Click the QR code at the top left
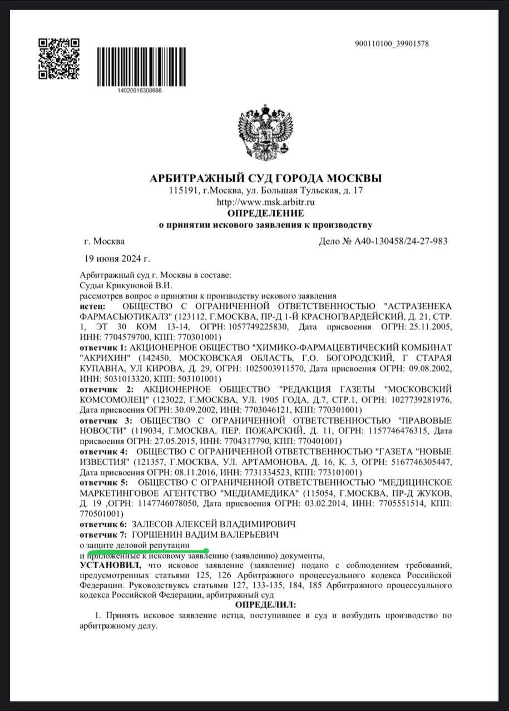point(59,59)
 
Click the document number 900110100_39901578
point(391,44)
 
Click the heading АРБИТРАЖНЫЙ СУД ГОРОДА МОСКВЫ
point(266,179)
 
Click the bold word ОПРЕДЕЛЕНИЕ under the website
point(266,213)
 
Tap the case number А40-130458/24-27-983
point(399,242)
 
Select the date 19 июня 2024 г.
point(117,258)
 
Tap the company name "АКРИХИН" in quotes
point(104,357)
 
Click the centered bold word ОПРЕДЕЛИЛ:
point(266,604)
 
